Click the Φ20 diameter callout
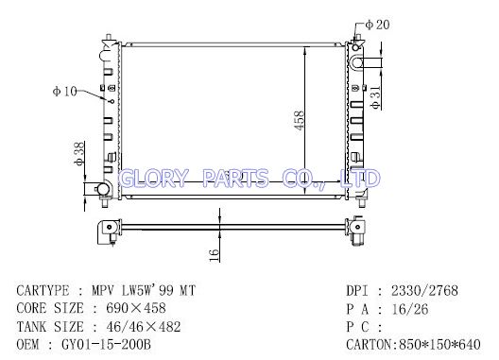pyautogui.click(x=377, y=25)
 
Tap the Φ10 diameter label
pyautogui.click(x=65, y=92)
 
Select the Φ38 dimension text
pyautogui.click(x=79, y=154)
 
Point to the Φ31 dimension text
pyautogui.click(x=375, y=96)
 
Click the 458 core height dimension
pyautogui.click(x=300, y=120)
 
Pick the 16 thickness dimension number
pyautogui.click(x=215, y=255)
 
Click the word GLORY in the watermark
pyautogui.click(x=153, y=178)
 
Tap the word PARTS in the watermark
pyautogui.click(x=235, y=178)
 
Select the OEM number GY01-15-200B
pyautogui.click(x=106, y=344)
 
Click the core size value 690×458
pyautogui.click(x=136, y=308)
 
